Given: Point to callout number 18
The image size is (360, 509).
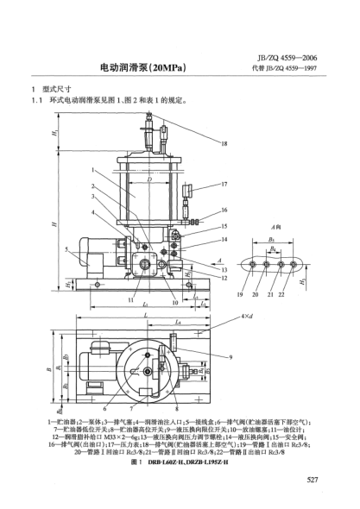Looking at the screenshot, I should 224,143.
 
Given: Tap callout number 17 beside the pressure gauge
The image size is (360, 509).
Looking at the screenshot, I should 224,185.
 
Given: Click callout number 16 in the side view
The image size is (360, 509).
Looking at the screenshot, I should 224,210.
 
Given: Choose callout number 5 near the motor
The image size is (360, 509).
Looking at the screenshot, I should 66,249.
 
